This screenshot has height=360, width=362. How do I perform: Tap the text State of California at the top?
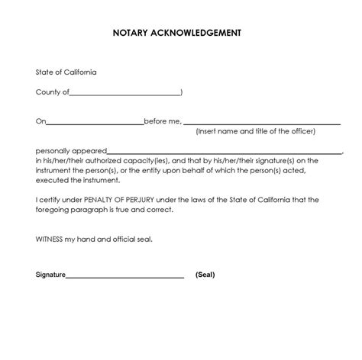66,72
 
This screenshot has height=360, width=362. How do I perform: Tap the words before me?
163,121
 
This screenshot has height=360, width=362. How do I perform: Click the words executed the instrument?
78,181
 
